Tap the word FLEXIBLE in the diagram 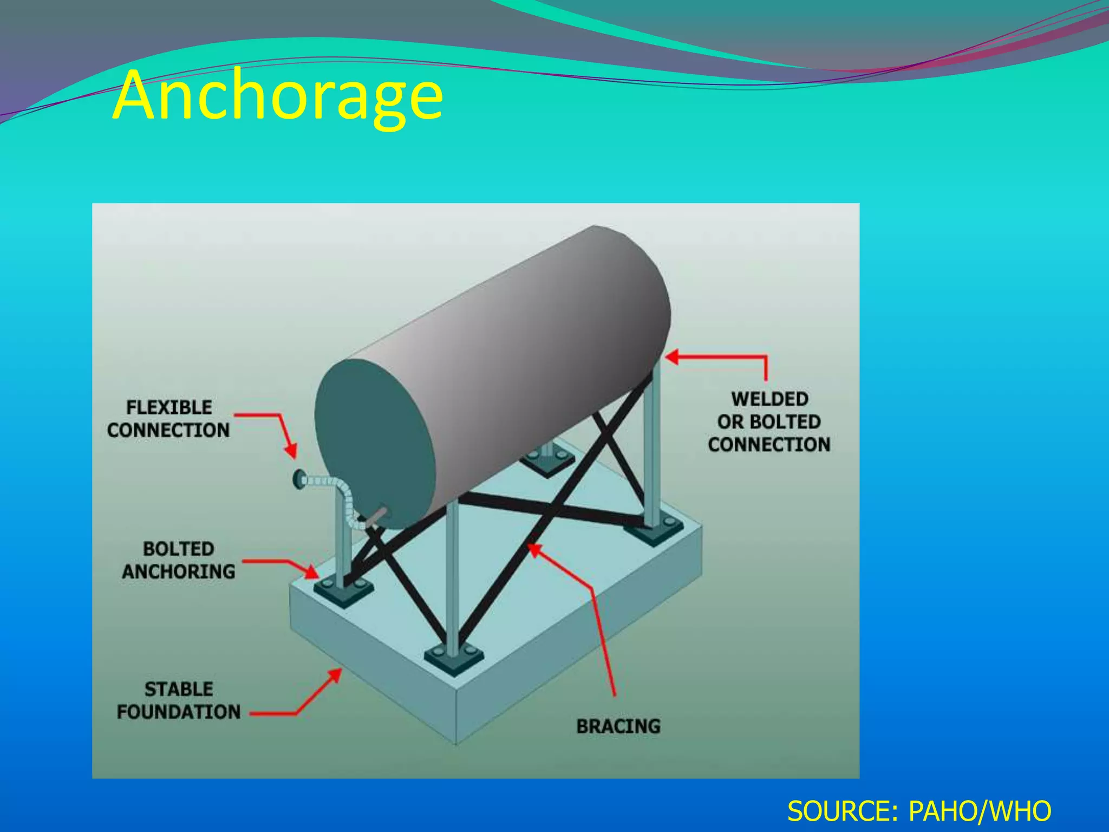pyautogui.click(x=169, y=407)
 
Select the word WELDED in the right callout pyautogui.click(x=769, y=399)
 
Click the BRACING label pyautogui.click(x=618, y=726)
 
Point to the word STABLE pyautogui.click(x=179, y=689)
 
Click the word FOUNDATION pyautogui.click(x=179, y=712)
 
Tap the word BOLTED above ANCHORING pyautogui.click(x=179, y=549)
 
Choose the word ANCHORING pyautogui.click(x=179, y=571)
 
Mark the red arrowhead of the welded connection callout pyautogui.click(x=672, y=357)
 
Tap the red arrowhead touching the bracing pyautogui.click(x=534, y=549)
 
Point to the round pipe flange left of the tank pyautogui.click(x=298, y=479)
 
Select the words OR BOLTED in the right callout pyautogui.click(x=769, y=422)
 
